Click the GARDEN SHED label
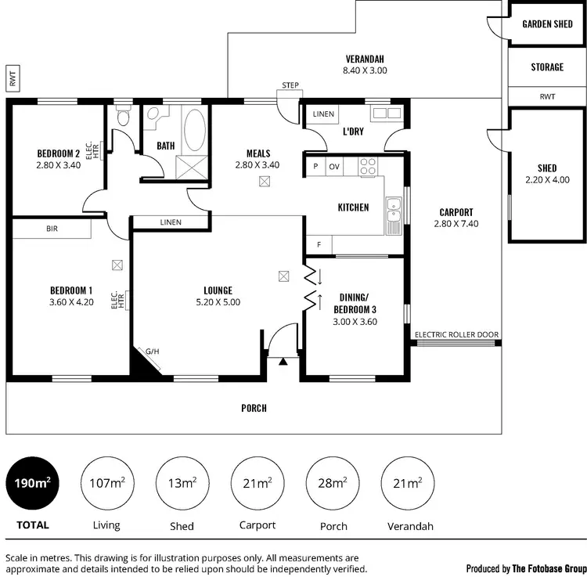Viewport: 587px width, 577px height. (x=547, y=24)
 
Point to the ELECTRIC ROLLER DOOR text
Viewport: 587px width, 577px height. (x=456, y=334)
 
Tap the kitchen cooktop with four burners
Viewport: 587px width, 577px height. (x=368, y=166)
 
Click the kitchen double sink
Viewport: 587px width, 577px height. (x=393, y=211)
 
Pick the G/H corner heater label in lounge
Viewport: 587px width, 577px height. (x=150, y=352)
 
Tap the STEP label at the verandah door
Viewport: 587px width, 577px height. (x=291, y=85)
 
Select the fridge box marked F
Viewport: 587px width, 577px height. (x=319, y=245)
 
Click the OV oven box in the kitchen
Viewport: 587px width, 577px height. (x=333, y=166)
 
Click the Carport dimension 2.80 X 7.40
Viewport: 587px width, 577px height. (x=455, y=223)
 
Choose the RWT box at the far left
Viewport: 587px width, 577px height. (x=13, y=78)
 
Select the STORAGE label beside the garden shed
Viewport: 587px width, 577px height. (x=547, y=67)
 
